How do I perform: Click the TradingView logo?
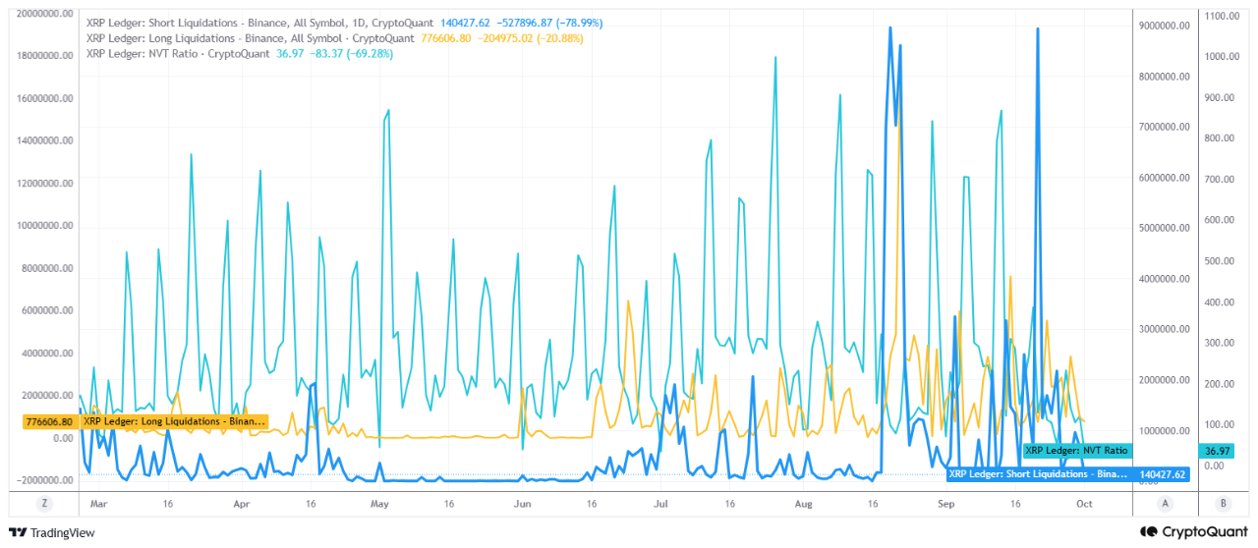click(x=52, y=532)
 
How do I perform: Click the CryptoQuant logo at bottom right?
click(x=1193, y=531)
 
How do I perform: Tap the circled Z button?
click(x=44, y=504)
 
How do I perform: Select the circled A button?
click(x=1166, y=504)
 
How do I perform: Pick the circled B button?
click(x=1224, y=504)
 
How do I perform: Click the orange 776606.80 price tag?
click(x=49, y=421)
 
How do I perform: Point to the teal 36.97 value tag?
click(x=1217, y=451)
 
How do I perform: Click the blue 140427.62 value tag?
click(x=1162, y=474)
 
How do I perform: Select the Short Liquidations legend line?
click(x=344, y=23)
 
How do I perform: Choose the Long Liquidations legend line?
click(x=335, y=38)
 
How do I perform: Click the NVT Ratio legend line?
click(x=240, y=54)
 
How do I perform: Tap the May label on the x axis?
click(x=379, y=504)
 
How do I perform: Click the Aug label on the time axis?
click(x=804, y=504)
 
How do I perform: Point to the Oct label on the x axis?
click(x=1084, y=504)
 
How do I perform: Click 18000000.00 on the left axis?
click(x=45, y=56)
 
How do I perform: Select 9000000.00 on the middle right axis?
click(x=1165, y=26)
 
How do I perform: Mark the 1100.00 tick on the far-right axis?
click(x=1222, y=16)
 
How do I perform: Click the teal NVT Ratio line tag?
click(x=1076, y=451)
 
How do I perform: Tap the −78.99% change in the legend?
click(x=580, y=23)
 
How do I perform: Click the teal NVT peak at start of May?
click(x=388, y=111)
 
